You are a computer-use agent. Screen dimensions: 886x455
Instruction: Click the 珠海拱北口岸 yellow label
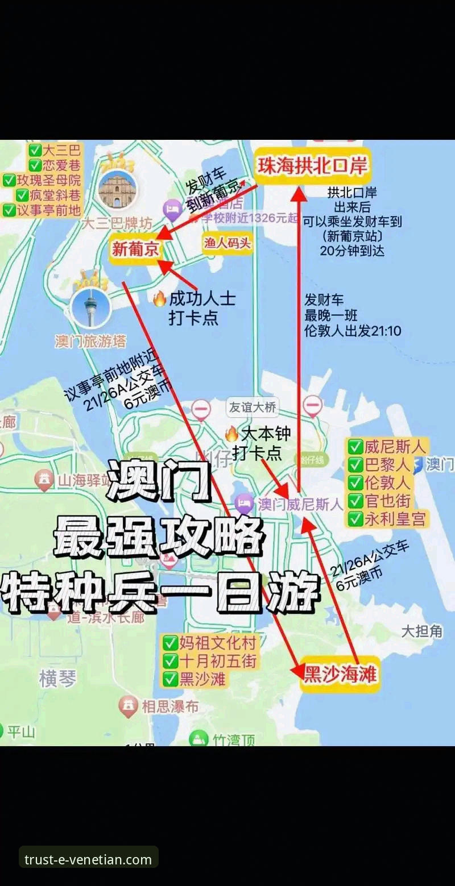pos(312,165)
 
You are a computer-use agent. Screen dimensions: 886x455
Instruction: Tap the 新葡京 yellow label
pos(135,249)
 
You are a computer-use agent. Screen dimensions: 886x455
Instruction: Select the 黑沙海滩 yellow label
pos(340,675)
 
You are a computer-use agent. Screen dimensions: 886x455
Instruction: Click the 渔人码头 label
pos(227,243)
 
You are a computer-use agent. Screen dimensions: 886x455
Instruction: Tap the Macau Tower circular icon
pos(90,307)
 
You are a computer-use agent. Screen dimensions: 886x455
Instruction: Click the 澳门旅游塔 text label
pos(90,341)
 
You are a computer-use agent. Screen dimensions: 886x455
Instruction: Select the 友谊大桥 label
pos(253,407)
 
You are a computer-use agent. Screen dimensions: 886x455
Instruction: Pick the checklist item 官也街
pos(387,501)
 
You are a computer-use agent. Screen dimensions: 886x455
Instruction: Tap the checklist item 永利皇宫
pos(396,518)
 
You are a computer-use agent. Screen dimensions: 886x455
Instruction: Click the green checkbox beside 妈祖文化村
pos(170,643)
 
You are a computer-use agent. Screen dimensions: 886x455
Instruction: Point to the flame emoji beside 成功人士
pos(159,300)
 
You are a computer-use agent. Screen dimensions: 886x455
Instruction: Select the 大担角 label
pos(421,631)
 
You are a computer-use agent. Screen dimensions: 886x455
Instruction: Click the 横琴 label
pos(57,678)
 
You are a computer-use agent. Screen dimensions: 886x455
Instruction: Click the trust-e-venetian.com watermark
pos(88,859)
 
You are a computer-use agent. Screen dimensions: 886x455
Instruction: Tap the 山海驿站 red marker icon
pos(44,480)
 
